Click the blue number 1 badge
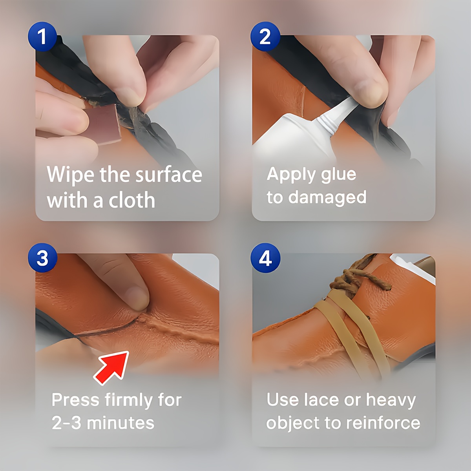tap(42, 37)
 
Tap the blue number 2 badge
tap(265, 37)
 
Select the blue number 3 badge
tap(42, 258)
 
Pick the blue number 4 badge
tap(265, 258)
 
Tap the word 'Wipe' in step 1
tap(71, 175)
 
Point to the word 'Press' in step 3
tap(75, 400)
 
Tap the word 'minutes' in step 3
tap(120, 423)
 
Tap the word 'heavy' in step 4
tap(391, 400)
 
